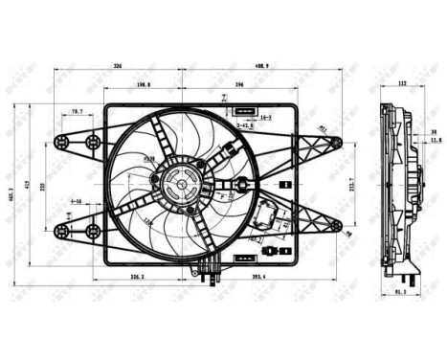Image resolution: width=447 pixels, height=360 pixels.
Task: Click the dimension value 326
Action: point(118,66)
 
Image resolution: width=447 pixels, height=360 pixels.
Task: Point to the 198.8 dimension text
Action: point(144,85)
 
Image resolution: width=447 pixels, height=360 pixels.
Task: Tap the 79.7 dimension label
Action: point(76,112)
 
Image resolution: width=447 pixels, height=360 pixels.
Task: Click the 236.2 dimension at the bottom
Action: point(138,278)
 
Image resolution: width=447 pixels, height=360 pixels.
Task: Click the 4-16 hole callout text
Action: point(76,202)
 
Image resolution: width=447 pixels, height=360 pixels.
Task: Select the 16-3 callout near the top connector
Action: point(265,118)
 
